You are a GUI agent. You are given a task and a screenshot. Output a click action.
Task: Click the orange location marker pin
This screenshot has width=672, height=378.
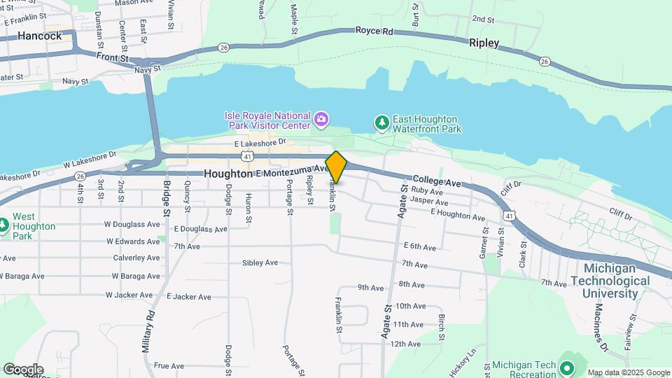[336, 167]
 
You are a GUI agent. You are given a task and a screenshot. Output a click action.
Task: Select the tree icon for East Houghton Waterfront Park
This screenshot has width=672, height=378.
[381, 124]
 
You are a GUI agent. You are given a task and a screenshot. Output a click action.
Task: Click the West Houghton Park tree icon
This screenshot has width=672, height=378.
[3, 225]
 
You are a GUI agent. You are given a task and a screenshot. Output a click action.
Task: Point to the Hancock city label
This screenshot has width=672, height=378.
[40, 36]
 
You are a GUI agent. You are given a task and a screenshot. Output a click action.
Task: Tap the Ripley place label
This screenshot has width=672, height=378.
[484, 43]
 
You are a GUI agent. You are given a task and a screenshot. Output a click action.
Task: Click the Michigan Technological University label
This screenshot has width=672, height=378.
[616, 280]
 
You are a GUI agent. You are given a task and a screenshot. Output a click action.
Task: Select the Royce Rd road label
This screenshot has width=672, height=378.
[374, 31]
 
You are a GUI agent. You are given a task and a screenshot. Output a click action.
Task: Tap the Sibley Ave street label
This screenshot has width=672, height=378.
[260, 263]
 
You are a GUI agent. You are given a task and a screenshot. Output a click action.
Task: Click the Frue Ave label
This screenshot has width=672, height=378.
[168, 365]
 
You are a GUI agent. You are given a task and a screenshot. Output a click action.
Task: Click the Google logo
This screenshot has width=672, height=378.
[23, 370]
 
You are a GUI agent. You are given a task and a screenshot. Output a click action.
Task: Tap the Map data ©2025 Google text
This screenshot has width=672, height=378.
[628, 372]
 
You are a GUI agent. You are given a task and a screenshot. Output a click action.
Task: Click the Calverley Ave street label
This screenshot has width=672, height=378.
[136, 258]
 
